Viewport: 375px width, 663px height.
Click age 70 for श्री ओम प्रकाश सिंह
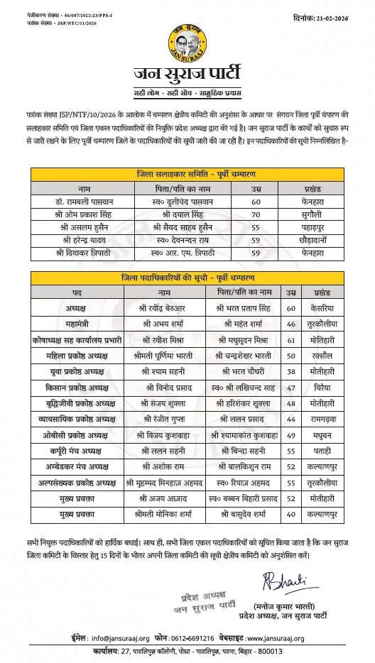click(x=255, y=214)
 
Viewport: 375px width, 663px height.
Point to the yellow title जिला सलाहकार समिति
click(x=187, y=172)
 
